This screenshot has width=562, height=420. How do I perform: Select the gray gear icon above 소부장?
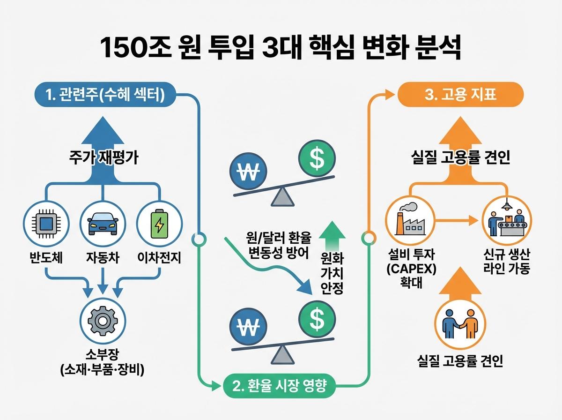click(102, 321)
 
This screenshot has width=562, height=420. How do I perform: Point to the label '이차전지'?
click(159, 257)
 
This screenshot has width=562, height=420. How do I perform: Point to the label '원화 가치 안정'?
click(332, 273)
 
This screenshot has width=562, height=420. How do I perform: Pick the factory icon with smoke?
click(408, 220)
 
